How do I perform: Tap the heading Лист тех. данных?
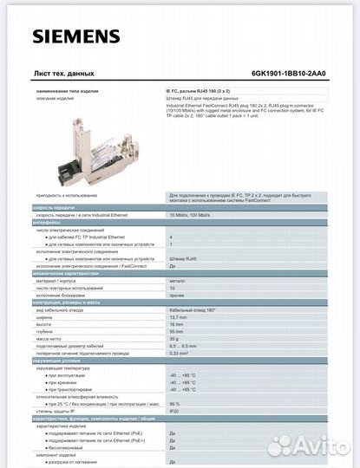pos(63,74)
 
